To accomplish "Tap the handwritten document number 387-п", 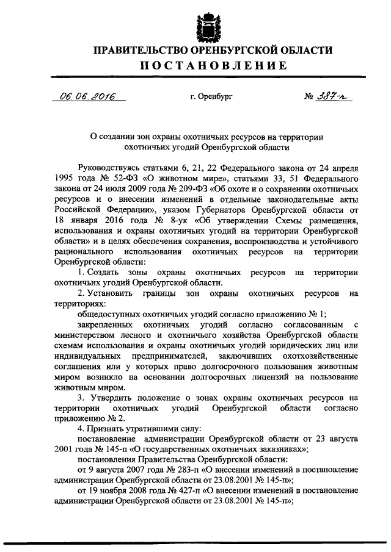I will pos(334,96).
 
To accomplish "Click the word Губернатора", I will pos(205,210).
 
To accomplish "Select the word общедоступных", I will pos(108,315).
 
